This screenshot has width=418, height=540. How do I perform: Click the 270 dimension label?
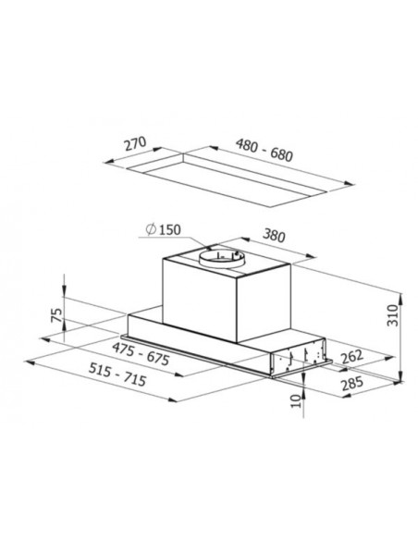(136, 144)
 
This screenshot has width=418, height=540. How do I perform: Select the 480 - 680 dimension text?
(264, 150)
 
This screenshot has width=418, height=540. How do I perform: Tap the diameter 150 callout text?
(163, 229)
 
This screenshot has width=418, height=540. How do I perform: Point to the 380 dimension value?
(274, 236)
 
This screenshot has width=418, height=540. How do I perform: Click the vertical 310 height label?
(392, 315)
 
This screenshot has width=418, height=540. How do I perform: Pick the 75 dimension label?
(56, 315)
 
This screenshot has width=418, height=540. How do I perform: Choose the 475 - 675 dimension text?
(141, 354)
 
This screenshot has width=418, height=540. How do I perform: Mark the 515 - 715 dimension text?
(117, 374)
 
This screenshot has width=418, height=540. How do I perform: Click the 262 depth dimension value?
(352, 356)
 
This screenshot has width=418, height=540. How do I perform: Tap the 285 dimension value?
(352, 384)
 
